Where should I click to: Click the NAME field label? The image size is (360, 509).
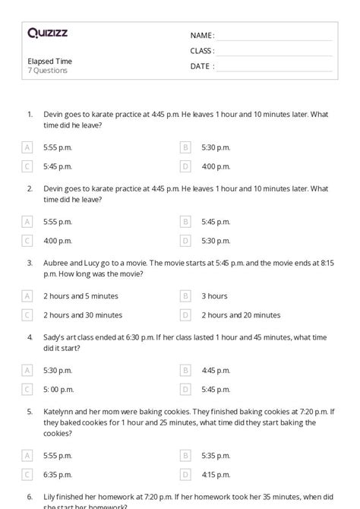click(x=201, y=36)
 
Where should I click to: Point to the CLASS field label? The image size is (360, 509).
click(x=202, y=51)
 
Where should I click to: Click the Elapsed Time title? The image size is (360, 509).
click(x=49, y=61)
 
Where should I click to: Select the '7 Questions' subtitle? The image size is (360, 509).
click(x=47, y=71)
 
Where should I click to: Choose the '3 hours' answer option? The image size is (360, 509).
click(x=214, y=296)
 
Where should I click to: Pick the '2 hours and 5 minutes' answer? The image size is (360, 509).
click(x=81, y=296)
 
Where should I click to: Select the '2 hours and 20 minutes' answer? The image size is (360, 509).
click(x=241, y=315)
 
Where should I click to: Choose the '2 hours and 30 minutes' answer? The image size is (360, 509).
click(x=82, y=315)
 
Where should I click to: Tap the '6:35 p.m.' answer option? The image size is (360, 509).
click(x=58, y=474)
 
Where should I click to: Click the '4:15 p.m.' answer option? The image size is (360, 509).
click(x=216, y=474)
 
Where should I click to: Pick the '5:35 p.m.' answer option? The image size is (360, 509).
click(x=216, y=455)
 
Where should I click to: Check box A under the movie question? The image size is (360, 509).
click(x=27, y=296)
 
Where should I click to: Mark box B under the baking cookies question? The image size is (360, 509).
click(x=185, y=455)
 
